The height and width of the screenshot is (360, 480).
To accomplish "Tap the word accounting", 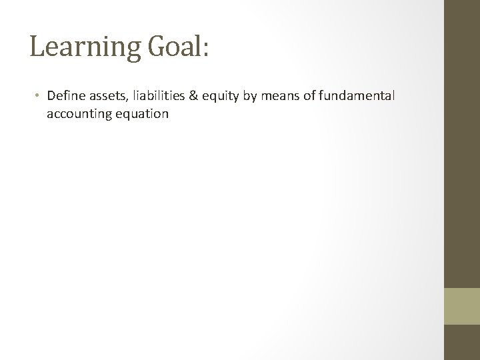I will coord(76,114).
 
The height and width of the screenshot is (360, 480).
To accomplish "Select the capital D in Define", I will coord(51,97).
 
